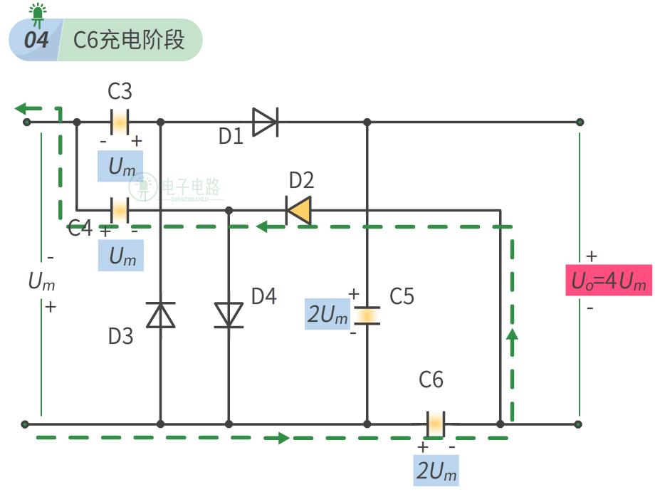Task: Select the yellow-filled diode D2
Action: coord(298,210)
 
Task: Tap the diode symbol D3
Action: coord(160,314)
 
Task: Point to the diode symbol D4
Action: coord(229,314)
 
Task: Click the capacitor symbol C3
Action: coord(120,122)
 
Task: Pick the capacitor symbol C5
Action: coord(367,315)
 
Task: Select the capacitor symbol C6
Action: coord(435,424)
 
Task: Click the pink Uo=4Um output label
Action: coord(608,281)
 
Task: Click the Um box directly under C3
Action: coord(121,167)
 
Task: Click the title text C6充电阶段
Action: coord(129,40)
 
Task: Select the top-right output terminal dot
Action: coord(580,122)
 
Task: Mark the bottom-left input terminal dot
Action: coord(26,424)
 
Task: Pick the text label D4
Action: coord(263,296)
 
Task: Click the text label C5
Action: coord(402,296)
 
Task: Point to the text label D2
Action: coord(301,180)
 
